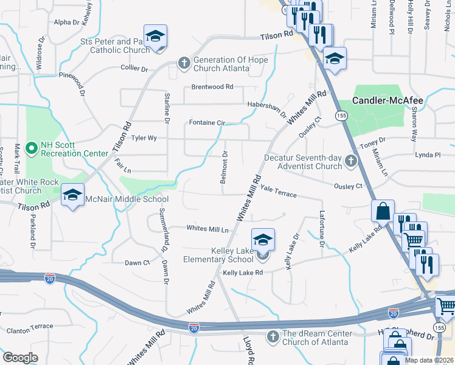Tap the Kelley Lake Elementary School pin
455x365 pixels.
pos(263,240)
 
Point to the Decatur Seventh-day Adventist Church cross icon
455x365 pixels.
pos(350,161)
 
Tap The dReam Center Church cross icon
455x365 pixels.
pos(274,336)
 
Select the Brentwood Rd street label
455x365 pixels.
pos(213,87)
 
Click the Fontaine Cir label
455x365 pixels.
pos(207,122)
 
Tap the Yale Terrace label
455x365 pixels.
pos(278,192)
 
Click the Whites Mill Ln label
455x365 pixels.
pos(207,229)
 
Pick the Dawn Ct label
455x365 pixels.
pos(137,263)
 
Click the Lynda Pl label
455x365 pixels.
pos(428,155)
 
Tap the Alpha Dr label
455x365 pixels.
pos(67,22)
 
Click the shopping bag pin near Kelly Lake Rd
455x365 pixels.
pos(383,212)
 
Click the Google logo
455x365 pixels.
pos(20,357)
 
